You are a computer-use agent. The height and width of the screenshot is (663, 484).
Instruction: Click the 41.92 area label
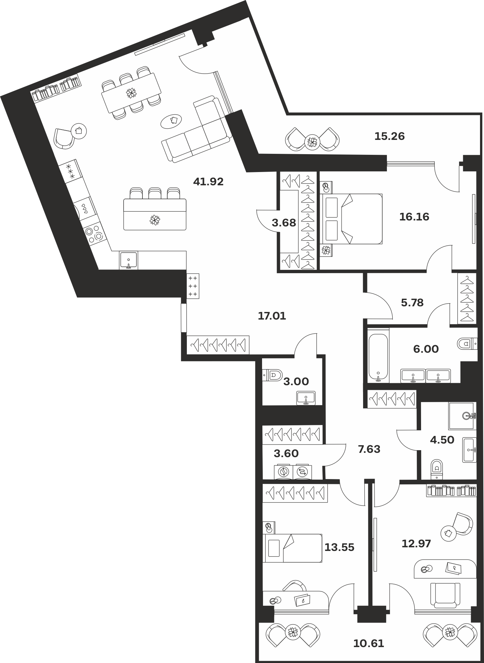click(208, 182)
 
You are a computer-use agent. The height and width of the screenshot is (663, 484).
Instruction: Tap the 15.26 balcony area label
click(390, 136)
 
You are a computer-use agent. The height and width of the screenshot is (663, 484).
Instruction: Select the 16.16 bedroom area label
click(414, 217)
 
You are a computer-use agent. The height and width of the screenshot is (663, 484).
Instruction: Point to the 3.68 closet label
click(284, 223)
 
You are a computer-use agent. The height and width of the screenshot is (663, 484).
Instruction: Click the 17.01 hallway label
click(272, 316)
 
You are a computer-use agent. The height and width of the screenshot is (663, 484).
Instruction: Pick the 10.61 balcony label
click(369, 643)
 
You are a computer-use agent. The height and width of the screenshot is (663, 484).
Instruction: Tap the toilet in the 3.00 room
click(272, 376)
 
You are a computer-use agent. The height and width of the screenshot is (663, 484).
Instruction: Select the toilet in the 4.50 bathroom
click(437, 469)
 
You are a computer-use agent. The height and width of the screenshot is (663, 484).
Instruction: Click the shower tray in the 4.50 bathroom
click(462, 416)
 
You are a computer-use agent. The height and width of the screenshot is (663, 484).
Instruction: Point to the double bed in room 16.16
click(351, 219)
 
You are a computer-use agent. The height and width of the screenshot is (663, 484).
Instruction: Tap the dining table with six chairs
click(132, 93)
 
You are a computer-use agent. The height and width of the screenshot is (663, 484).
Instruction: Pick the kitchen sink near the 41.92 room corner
click(129, 260)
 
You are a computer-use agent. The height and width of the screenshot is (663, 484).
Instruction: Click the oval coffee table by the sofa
click(172, 121)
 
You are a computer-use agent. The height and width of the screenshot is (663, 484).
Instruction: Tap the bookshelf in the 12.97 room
click(452, 491)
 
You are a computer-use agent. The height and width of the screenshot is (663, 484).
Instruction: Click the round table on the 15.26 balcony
click(312, 142)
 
